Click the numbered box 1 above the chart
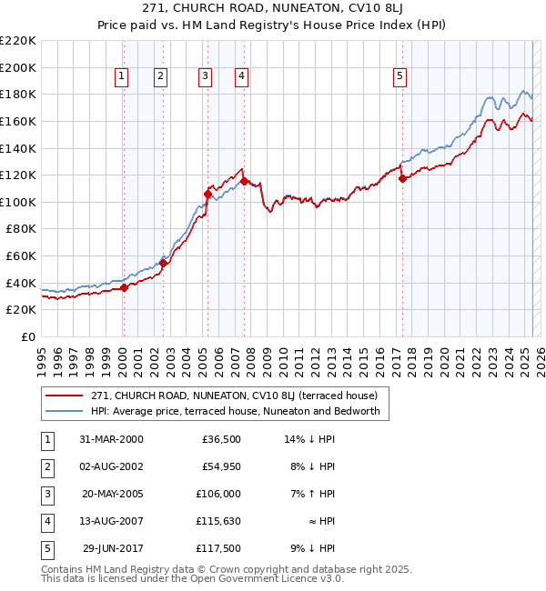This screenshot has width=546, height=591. pos(122,76)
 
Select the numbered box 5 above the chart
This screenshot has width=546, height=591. pos(399,76)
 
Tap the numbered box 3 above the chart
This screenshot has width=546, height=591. pos(206,76)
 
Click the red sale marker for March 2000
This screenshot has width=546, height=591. pos(125,287)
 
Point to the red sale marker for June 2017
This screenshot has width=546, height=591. pos(402,179)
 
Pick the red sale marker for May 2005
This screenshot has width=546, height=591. pos(207,194)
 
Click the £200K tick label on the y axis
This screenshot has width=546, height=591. pos(18,67)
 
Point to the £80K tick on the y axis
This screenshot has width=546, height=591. pos(21,229)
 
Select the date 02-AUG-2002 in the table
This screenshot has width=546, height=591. pos(111,466)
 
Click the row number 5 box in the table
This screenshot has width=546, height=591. pos(45,548)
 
